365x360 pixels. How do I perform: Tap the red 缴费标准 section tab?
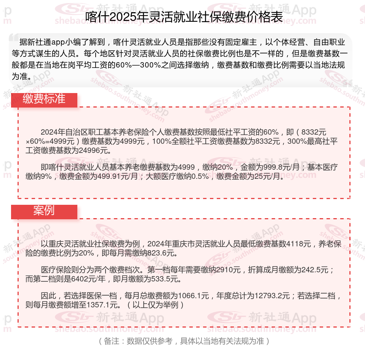pos(44,99)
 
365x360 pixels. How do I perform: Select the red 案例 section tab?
pos(44,211)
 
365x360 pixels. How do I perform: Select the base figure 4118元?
pos(299,244)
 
